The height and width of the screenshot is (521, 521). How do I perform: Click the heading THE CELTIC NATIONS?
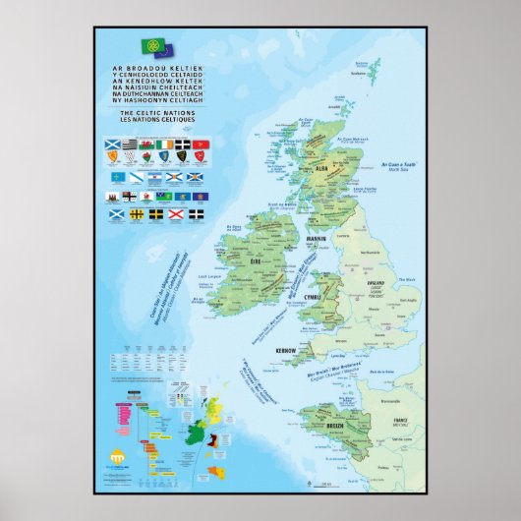(x=145, y=112)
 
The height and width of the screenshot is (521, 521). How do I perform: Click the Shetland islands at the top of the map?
(x=372, y=69)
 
